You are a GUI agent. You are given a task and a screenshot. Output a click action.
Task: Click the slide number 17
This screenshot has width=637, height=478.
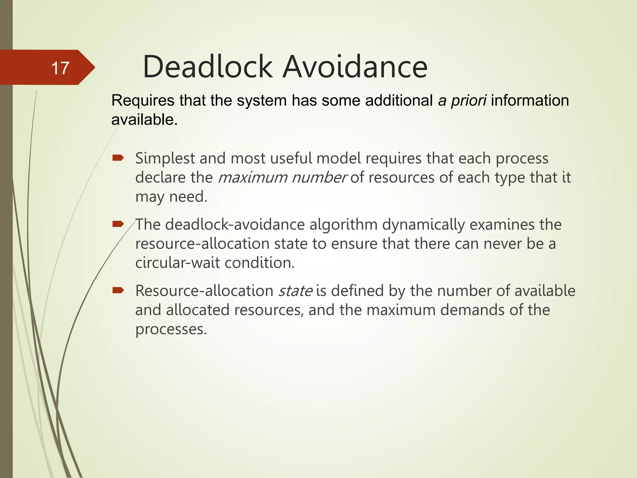pos(60,68)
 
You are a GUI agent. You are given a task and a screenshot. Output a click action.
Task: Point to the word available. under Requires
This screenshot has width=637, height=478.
pos(144,119)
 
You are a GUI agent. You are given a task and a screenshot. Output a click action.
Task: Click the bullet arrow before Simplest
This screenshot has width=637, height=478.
pos(118,158)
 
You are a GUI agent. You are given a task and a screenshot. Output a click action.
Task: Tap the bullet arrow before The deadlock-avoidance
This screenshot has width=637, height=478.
pos(118,224)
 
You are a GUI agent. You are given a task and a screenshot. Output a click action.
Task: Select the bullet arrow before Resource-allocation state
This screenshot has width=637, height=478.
pos(118,290)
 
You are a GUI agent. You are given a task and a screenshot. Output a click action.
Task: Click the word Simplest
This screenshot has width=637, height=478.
pos(165,158)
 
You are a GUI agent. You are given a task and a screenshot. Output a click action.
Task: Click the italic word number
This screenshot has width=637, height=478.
pos(319,178)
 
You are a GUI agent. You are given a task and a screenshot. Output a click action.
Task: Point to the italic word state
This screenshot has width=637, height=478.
pos(295,291)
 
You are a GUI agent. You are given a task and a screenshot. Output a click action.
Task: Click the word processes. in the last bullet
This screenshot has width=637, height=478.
pos(171,329)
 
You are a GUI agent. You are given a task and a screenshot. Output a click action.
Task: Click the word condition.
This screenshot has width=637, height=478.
pos(260,263)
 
